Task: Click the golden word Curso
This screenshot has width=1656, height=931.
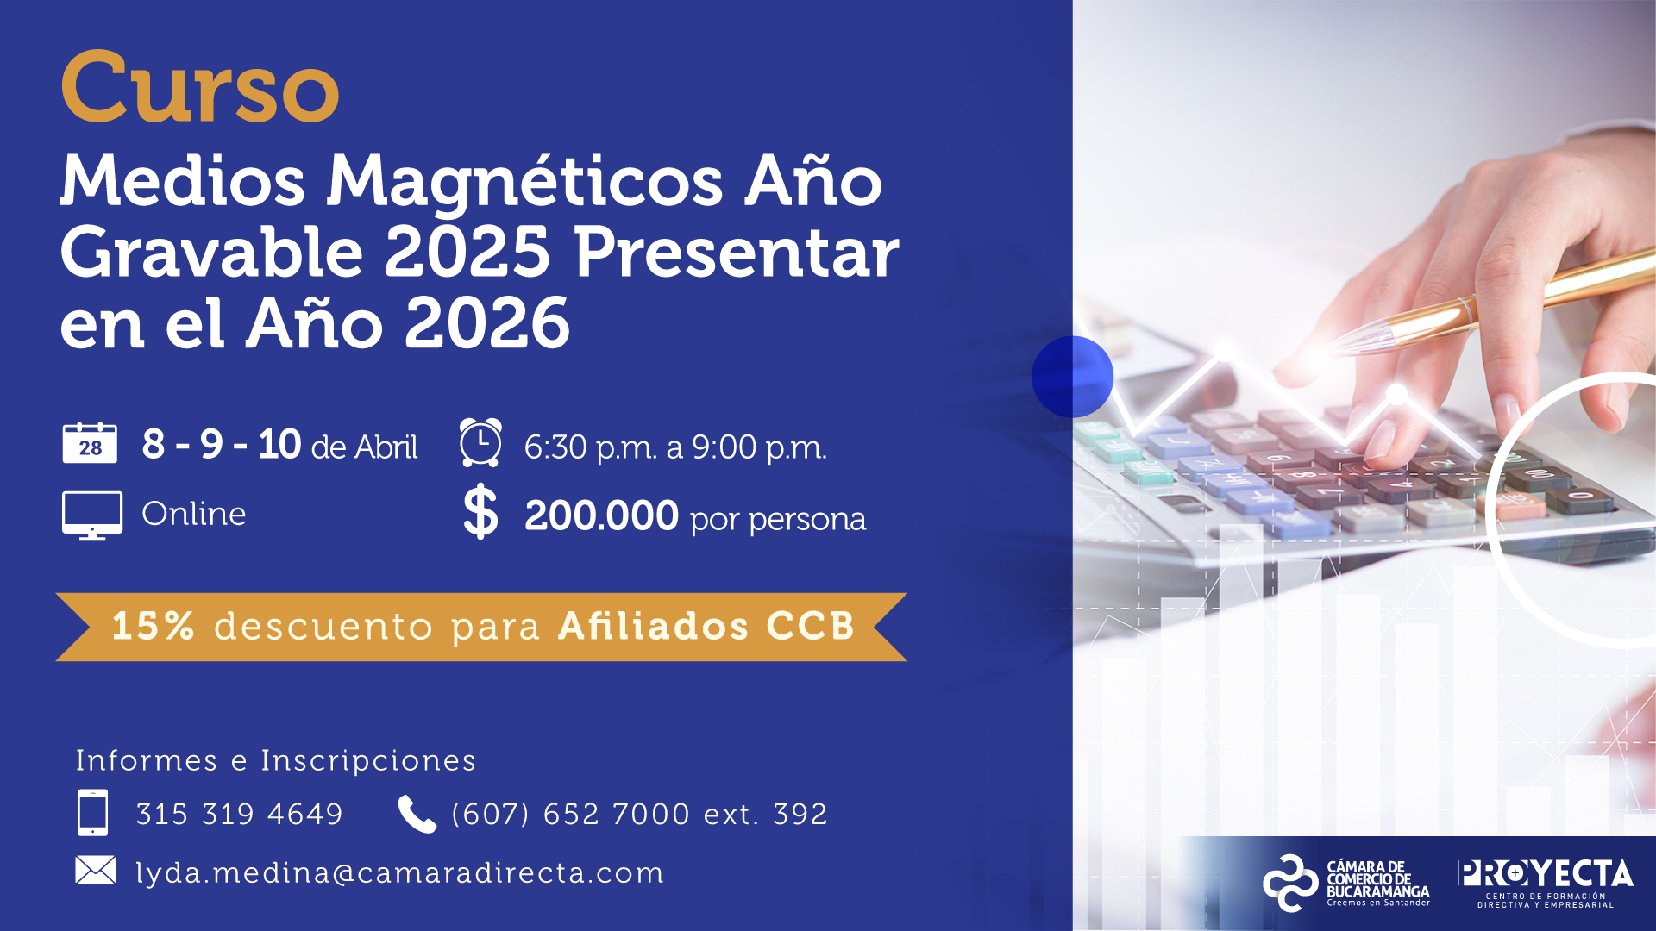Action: pyautogui.click(x=200, y=87)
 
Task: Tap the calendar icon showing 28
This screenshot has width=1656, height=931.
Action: pyautogui.click(x=90, y=443)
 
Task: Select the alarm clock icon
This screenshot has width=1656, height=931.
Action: pyautogui.click(x=480, y=442)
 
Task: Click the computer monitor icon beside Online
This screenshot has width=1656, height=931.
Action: pyautogui.click(x=92, y=515)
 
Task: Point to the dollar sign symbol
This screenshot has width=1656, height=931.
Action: pyautogui.click(x=480, y=512)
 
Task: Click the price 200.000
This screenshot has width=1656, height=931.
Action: pyautogui.click(x=601, y=515)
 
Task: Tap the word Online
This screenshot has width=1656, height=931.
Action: pyautogui.click(x=194, y=514)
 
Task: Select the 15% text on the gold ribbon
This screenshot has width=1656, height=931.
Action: pyautogui.click(x=153, y=627)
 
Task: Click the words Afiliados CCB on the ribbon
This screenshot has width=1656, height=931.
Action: pyautogui.click(x=706, y=627)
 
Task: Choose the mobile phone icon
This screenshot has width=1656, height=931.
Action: pyautogui.click(x=93, y=812)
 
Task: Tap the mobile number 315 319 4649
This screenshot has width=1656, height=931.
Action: pyautogui.click(x=240, y=814)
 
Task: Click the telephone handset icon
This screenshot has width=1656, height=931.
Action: pyautogui.click(x=417, y=814)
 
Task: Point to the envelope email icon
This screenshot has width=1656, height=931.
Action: pyautogui.click(x=96, y=871)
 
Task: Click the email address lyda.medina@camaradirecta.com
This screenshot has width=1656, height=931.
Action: pyautogui.click(x=400, y=873)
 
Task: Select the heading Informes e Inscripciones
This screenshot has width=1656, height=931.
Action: pyautogui.click(x=276, y=760)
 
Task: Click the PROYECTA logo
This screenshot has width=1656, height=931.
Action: pyautogui.click(x=1545, y=882)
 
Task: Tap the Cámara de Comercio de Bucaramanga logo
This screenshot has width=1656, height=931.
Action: pyautogui.click(x=1346, y=883)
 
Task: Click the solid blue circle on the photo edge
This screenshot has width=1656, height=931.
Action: pyautogui.click(x=1072, y=377)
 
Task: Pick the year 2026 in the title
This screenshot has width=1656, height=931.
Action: pyautogui.click(x=487, y=324)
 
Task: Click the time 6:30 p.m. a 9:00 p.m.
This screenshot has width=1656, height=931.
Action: pyautogui.click(x=675, y=447)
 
